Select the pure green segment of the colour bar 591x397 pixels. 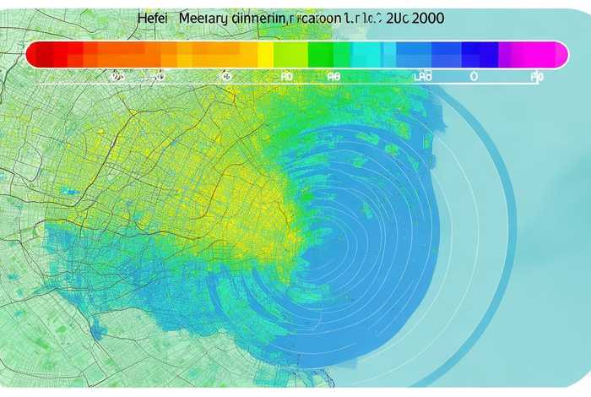[320, 54]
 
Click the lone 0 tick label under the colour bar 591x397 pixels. [474, 76]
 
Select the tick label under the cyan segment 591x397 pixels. [334, 76]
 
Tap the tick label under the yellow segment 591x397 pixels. [286, 76]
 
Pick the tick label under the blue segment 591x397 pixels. [422, 76]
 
